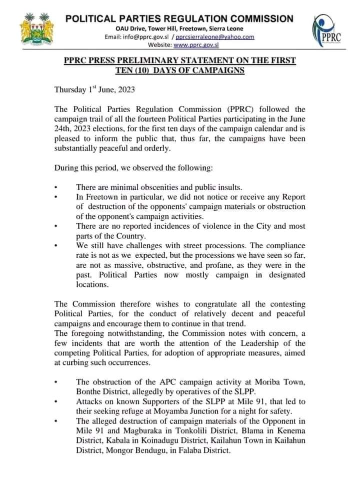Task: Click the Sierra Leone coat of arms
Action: pos(36,31)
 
